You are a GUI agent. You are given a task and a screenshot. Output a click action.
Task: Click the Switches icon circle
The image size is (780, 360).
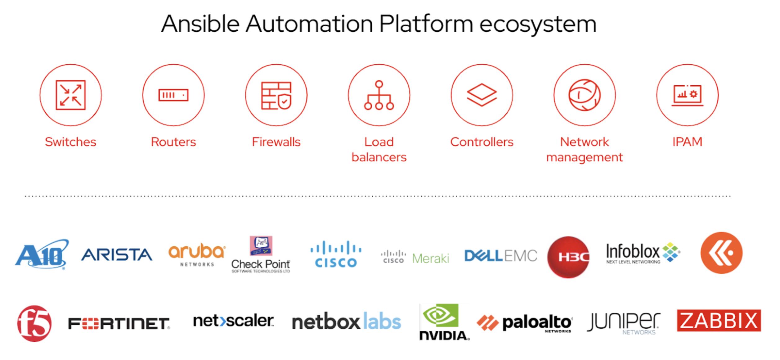70,95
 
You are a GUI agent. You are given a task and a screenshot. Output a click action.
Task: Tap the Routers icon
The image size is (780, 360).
173,95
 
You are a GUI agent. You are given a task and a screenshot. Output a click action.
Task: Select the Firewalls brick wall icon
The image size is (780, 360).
276,95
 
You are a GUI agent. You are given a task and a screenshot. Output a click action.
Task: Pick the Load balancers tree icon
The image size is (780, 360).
379,95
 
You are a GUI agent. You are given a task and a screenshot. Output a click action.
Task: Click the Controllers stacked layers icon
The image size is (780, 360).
482,95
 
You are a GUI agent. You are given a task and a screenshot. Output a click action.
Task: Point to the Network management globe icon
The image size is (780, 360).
585,95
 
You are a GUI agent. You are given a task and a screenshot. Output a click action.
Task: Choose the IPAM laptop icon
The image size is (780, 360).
687,95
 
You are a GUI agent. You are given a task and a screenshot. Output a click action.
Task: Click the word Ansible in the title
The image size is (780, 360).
200,24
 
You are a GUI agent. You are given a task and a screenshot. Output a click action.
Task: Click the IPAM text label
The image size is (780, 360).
687,142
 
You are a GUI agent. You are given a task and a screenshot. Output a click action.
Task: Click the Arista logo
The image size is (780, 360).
117,255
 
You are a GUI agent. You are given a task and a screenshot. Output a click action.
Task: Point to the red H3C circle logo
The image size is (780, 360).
568,257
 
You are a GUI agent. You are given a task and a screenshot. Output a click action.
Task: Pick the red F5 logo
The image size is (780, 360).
34,323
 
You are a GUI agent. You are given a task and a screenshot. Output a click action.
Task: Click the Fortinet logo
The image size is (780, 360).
119,323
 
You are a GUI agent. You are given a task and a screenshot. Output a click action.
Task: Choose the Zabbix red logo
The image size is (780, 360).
719,321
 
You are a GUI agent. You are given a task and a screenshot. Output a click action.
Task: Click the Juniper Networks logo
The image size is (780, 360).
624,323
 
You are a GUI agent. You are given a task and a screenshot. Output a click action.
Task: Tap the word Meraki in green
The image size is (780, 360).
431,258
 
